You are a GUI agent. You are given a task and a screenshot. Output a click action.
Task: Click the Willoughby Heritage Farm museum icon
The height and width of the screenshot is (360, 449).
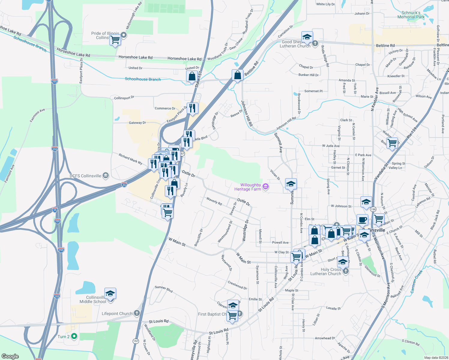(265, 187)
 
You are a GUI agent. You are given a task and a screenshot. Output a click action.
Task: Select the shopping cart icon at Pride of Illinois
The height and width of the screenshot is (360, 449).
(115, 39)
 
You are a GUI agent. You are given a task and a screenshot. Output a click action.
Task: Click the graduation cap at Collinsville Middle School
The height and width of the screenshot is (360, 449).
(110, 293)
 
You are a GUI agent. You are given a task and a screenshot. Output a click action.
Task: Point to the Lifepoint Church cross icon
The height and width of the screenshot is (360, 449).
(137, 313)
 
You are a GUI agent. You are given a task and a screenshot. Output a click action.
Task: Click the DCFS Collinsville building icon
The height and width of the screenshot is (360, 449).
(105, 176)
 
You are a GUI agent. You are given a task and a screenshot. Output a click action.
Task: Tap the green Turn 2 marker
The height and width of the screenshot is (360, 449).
(74, 337)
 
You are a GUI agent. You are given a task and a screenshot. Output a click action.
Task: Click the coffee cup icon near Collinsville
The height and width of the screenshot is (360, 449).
(362, 220)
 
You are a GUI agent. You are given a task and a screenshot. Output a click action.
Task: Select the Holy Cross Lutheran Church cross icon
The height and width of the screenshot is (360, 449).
(346, 271)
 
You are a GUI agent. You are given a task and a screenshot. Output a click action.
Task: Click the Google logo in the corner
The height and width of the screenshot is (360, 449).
(10, 356)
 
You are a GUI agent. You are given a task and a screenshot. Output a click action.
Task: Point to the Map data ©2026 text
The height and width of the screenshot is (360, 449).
(436, 358)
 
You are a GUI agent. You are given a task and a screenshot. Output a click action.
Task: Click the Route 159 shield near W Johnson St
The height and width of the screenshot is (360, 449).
(373, 209)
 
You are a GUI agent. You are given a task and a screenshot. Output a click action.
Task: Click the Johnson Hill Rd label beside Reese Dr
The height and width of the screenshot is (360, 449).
(247, 113)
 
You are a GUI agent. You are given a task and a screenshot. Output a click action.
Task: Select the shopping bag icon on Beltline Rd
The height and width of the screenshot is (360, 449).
(237, 75)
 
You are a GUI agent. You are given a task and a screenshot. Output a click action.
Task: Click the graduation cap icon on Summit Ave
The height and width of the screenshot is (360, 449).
(291, 184)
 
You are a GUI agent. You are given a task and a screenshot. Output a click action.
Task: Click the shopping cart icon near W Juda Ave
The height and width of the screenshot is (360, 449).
(392, 143)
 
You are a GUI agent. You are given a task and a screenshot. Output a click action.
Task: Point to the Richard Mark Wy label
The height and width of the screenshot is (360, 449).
(130, 159)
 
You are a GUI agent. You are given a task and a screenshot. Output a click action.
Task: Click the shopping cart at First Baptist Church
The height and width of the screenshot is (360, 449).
(232, 316)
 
